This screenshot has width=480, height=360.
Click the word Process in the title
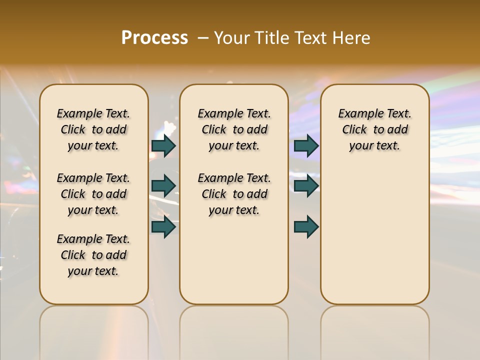point(154,38)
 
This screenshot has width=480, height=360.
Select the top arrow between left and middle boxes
point(163,145)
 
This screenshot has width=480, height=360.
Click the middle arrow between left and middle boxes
point(163,186)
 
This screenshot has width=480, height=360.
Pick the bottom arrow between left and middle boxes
point(163,227)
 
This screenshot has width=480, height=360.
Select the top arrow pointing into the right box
point(306,145)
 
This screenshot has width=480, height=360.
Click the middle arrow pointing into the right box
point(306,186)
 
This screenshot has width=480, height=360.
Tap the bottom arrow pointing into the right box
point(306,227)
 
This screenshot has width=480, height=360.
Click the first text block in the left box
point(93,129)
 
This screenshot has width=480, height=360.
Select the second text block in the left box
point(93,194)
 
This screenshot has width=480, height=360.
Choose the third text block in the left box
point(93,255)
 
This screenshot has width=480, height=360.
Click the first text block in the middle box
point(234,129)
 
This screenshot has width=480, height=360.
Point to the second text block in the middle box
point(234,194)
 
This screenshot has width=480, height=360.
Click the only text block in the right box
point(374,129)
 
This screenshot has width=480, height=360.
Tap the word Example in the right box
point(357,114)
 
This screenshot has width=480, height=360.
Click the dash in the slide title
point(203,38)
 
